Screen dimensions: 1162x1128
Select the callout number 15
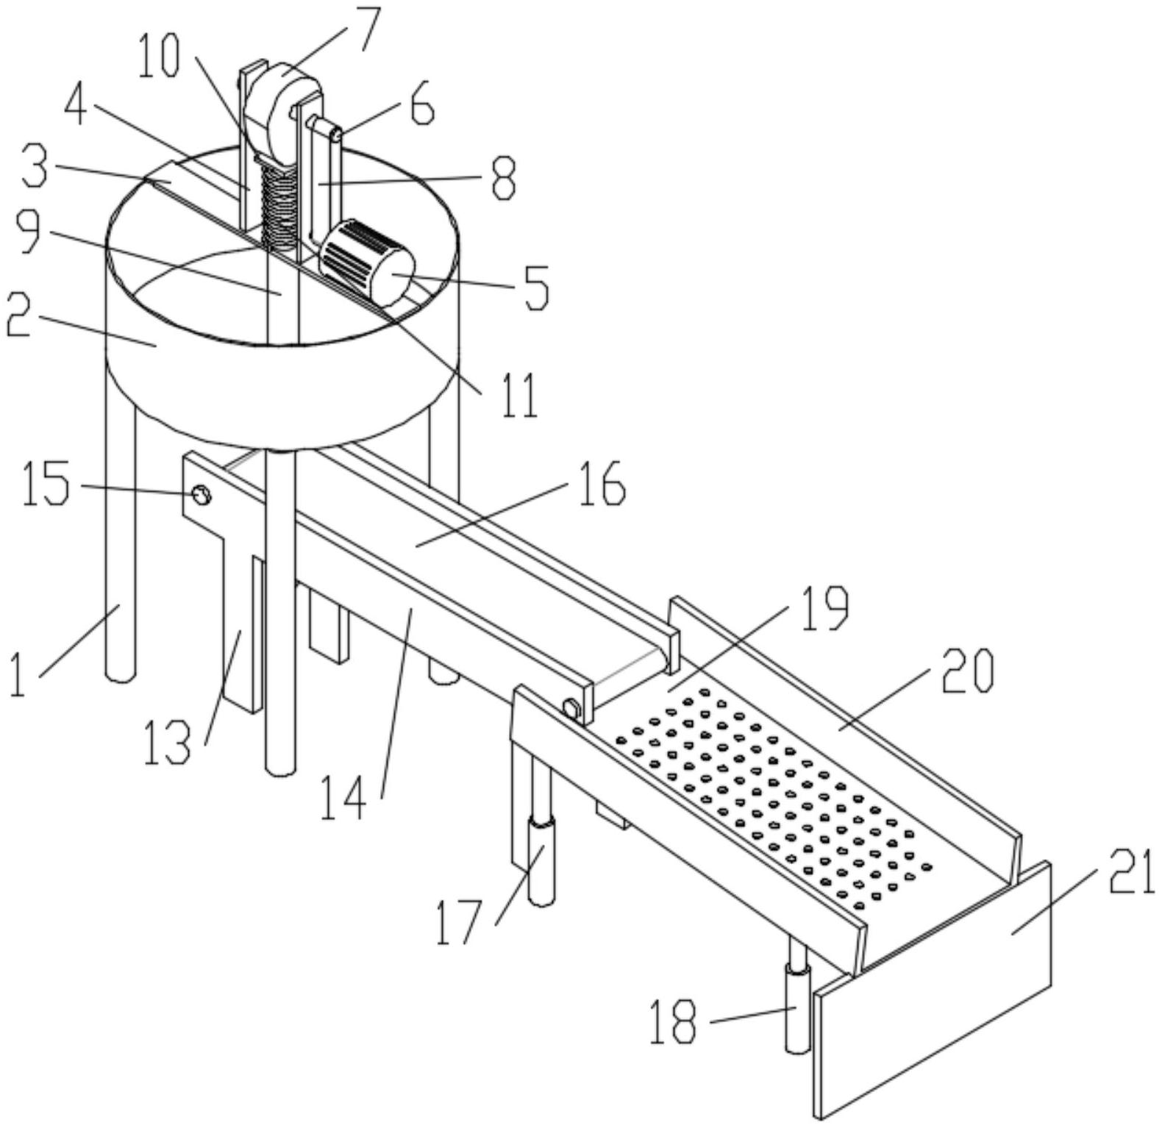pos(46,483)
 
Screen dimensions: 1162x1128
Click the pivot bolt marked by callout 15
pos(200,495)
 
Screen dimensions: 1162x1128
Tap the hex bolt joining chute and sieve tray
pos(571,709)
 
